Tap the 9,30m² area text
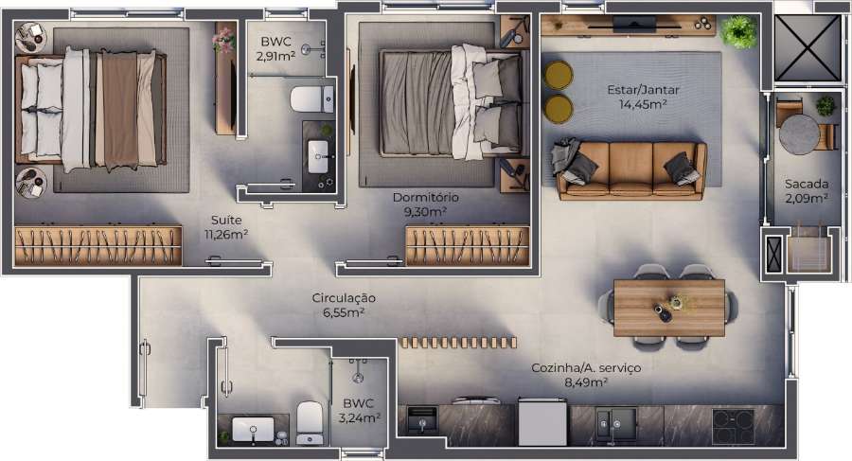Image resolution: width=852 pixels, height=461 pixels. pos(425,213)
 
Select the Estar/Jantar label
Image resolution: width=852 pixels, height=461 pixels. pos(644,90)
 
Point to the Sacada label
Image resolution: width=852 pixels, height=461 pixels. pos(807,184)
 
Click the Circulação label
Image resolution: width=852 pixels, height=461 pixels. pos(344,298)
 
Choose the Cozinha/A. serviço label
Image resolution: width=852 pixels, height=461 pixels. pos(585,367)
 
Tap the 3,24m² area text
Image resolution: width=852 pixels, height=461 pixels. pos(362,417)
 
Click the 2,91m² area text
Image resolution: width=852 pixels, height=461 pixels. pos(275,57)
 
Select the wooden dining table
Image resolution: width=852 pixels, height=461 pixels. pos(669,307)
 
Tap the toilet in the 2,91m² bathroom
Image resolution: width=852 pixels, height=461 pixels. pos(311,98)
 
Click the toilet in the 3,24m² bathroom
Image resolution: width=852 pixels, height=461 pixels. pos(310,421)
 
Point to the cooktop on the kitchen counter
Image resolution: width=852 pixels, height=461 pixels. pos(733,424)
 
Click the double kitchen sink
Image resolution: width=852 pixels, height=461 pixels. pos(615,421)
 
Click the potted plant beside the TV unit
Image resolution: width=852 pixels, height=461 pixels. pos(738,32)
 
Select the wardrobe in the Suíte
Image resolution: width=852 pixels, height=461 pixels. pos(98,245)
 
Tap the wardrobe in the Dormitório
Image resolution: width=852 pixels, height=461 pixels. pos(467,245)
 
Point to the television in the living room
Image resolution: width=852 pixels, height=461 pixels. pos(631,21)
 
